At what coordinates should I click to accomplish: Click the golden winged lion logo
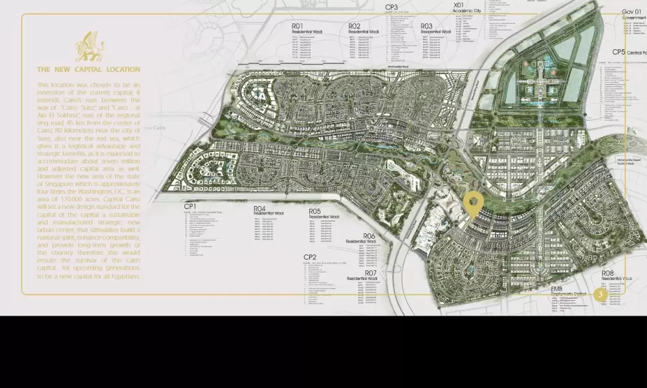[x=89, y=47]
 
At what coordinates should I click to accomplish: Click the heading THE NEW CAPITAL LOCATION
[x=88, y=69]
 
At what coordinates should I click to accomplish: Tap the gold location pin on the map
[x=474, y=204]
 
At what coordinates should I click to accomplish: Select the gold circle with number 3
[x=600, y=294]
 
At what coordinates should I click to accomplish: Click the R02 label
[x=355, y=27]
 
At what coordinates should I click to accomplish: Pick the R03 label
[x=426, y=27]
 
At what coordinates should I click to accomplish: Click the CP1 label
[x=192, y=206]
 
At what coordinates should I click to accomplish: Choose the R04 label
[x=260, y=209]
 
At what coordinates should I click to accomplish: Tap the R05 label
[x=315, y=211]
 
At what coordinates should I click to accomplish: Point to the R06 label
[x=369, y=236]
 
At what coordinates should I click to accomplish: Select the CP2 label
[x=311, y=257]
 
